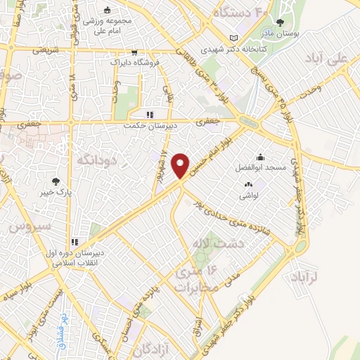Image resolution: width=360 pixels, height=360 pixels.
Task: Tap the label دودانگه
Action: (x=94, y=160)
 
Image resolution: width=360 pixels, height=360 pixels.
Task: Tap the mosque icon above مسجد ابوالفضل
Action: (x=261, y=157)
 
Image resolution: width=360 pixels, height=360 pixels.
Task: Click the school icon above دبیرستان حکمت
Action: (x=148, y=115)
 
